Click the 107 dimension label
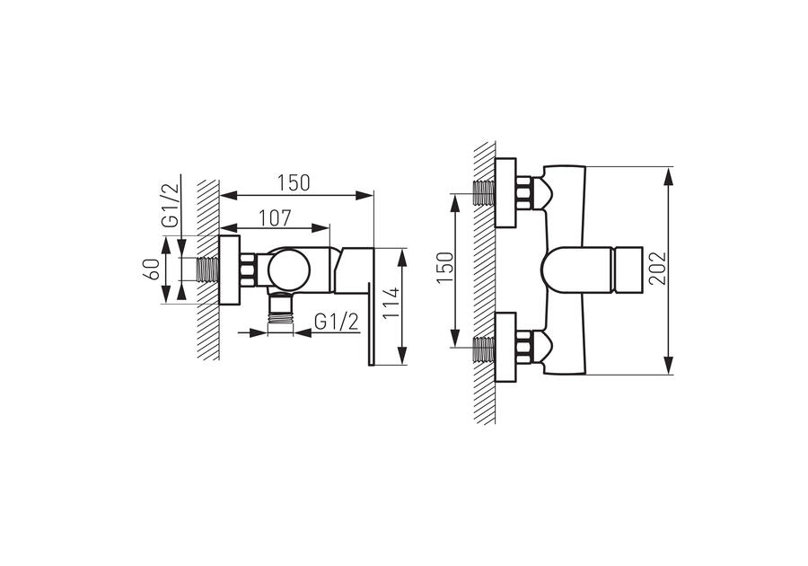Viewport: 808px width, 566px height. coord(275,217)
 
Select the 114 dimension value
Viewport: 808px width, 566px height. coord(392,304)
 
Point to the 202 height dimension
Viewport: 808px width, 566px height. coord(657,268)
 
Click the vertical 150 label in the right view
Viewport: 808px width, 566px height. coord(444,267)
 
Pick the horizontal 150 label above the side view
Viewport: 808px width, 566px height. coord(294,183)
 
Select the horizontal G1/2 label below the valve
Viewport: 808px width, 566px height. coord(336,323)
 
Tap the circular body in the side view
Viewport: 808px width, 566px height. coord(289,270)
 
